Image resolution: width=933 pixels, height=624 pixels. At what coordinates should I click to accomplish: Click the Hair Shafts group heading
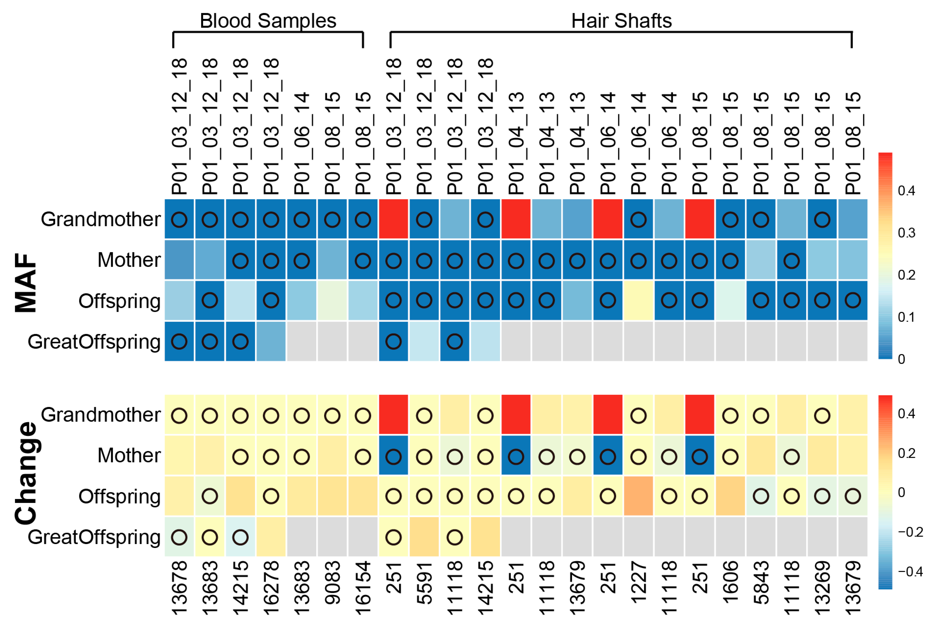(621, 21)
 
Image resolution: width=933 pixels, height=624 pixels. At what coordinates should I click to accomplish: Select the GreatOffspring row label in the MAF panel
(94, 341)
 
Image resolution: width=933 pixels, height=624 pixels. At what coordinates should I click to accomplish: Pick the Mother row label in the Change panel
(129, 455)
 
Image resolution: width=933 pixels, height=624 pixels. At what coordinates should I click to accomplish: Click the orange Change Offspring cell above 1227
(638, 496)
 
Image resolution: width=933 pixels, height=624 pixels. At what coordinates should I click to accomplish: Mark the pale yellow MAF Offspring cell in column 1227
(638, 301)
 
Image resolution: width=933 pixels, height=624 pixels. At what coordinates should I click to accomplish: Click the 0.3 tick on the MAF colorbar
(906, 233)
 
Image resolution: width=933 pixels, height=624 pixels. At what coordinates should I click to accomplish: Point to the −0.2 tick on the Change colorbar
(910, 532)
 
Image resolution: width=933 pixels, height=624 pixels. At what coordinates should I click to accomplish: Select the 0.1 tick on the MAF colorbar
(906, 317)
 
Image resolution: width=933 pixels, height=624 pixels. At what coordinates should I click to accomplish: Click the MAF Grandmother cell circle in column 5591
(424, 219)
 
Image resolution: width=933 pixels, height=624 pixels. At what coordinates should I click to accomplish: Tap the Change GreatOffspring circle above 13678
(179, 537)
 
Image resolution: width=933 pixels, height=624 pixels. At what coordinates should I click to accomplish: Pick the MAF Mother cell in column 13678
(179, 260)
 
